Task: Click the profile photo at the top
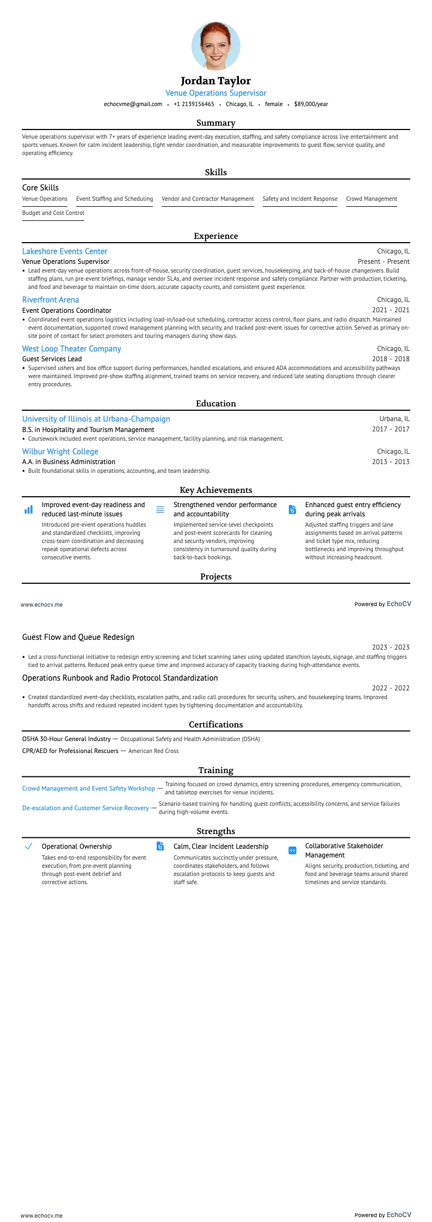[x=216, y=46]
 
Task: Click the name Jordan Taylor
[x=216, y=81]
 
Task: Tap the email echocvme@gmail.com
[x=133, y=104]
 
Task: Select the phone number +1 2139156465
[x=194, y=104]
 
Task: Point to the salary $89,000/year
[x=311, y=104]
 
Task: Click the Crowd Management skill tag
[x=372, y=199]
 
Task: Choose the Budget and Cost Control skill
[x=53, y=213]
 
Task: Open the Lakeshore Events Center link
[x=65, y=251]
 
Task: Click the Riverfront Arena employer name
[x=51, y=300]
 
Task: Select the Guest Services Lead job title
[x=52, y=359]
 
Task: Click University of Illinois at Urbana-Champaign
[x=96, y=419]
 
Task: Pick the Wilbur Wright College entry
[x=60, y=452]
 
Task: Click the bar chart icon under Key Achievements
[x=29, y=510]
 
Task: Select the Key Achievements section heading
[x=216, y=490]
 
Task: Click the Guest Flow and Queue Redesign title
[x=78, y=637]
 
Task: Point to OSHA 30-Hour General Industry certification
[x=66, y=739]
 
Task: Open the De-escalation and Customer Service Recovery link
[x=85, y=808]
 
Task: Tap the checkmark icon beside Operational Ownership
[x=29, y=846]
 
